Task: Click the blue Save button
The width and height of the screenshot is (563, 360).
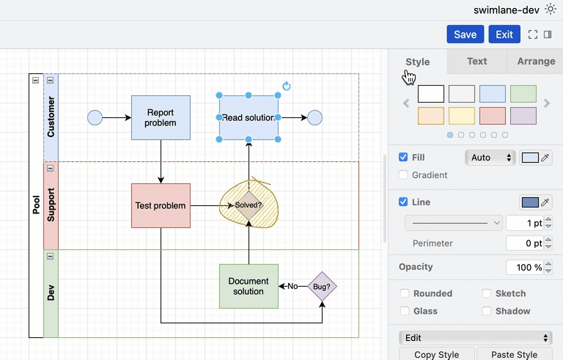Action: [465, 34]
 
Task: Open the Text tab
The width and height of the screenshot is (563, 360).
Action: [476, 62]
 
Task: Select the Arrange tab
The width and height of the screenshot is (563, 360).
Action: [536, 62]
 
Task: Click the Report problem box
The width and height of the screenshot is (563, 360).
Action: [161, 117]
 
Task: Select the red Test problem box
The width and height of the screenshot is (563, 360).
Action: [161, 205]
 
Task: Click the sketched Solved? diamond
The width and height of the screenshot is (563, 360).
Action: [249, 205]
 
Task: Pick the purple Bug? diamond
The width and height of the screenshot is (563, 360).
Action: [322, 286]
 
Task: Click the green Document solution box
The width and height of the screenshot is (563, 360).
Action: [249, 286]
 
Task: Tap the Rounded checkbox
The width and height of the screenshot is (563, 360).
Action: [404, 293]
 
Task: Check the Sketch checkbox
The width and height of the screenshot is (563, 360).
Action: [487, 293]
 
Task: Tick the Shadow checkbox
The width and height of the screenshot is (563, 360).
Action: [487, 311]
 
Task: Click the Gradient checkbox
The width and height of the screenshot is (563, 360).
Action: [403, 175]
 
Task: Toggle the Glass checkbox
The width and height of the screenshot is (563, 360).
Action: [404, 311]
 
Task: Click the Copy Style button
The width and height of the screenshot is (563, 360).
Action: [436, 354]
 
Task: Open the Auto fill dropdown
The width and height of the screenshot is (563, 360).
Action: [490, 158]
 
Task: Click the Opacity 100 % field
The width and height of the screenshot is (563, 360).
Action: [524, 268]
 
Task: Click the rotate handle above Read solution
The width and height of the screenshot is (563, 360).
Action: [287, 86]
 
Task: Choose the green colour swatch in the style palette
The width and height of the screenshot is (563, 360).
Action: [523, 94]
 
